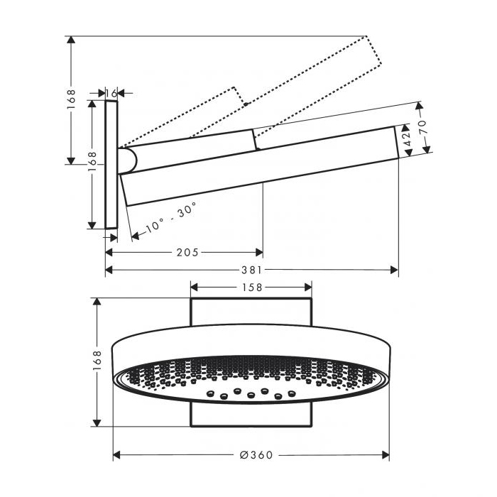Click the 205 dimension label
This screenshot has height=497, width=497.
(187, 252)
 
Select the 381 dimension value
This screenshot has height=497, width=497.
(252, 270)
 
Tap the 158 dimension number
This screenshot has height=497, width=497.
(252, 288)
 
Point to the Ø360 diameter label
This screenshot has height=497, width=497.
(256, 455)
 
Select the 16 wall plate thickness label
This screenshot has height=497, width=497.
(111, 93)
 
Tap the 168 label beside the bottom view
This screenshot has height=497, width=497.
(97, 361)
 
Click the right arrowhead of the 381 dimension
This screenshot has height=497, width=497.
(394, 270)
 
